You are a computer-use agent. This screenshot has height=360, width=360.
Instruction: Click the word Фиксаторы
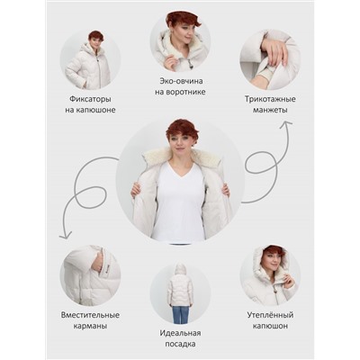90,99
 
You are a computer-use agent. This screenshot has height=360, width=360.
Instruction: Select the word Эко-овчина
181,81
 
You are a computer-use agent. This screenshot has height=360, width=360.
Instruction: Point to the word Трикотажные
270,99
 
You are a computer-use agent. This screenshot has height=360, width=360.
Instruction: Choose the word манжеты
270,110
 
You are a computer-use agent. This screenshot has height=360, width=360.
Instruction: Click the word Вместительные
90,315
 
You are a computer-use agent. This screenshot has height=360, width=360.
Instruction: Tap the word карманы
90,326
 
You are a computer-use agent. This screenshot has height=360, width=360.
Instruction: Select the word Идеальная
180,333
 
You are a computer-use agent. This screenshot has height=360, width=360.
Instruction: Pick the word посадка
180,344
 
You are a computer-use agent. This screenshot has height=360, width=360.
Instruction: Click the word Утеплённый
270,315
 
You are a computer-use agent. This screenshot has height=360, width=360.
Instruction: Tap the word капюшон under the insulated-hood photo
270,326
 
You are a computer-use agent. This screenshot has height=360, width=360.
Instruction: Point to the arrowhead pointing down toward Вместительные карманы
66,235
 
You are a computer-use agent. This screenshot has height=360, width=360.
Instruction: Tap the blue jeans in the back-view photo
180,314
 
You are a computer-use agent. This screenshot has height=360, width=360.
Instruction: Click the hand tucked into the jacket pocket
97,265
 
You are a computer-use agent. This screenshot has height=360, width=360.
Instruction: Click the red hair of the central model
182,130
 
